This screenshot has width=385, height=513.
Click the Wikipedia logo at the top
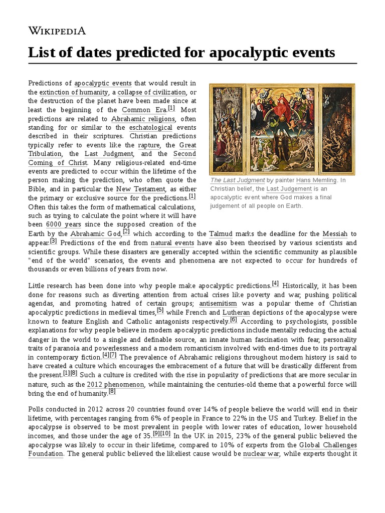[x=57, y=31]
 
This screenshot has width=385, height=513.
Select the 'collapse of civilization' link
[x=152, y=92]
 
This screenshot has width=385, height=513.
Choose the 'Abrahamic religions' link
[x=143, y=119]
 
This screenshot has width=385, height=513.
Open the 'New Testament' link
[x=140, y=189]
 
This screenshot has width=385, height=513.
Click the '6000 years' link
[x=63, y=224]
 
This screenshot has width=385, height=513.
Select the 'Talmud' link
[x=221, y=233]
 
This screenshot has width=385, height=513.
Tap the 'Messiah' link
[x=334, y=233]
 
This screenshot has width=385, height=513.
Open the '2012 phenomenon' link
[x=115, y=384]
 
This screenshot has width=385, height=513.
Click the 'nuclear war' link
[x=261, y=454]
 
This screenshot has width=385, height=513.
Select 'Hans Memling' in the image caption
[x=314, y=180]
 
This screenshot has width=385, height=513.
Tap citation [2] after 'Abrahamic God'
[x=126, y=231]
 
